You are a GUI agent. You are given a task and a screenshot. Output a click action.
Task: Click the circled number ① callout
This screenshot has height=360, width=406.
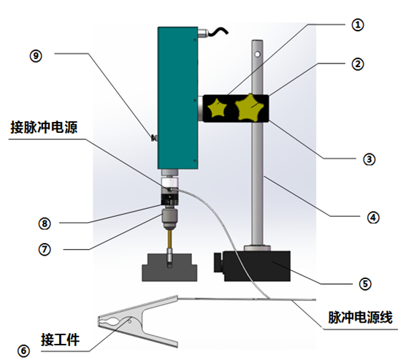358,25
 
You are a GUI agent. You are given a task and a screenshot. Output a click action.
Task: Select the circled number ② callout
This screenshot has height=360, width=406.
358,64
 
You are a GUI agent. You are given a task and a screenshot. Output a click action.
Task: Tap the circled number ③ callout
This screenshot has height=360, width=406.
369,159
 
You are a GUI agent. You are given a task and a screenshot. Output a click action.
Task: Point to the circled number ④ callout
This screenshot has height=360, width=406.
373,218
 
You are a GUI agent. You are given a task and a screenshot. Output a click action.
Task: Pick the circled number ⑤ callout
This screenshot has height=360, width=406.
365,284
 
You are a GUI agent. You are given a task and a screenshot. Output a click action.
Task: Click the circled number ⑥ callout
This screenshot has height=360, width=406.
23,351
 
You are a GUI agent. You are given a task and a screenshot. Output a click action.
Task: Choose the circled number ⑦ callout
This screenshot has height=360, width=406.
45,250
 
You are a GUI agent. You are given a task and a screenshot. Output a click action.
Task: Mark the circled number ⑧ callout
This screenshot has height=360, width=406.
45,223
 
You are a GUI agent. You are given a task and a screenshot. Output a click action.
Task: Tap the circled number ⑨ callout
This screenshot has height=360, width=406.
36,56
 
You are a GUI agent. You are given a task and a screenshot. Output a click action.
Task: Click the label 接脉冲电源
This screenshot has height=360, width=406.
44,127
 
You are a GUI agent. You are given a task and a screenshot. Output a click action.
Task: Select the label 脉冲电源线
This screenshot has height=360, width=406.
360,317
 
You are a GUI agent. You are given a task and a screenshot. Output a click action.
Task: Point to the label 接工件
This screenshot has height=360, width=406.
60,340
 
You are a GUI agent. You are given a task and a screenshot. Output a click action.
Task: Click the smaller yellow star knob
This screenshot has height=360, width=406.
218,107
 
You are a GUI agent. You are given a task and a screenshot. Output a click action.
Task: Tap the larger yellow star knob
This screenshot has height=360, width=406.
249,108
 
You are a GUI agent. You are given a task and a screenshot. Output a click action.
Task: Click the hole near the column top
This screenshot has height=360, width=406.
257,54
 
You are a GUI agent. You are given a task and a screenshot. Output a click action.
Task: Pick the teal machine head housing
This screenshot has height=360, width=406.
177,98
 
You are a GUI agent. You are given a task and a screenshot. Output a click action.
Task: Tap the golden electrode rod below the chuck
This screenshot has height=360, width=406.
169,239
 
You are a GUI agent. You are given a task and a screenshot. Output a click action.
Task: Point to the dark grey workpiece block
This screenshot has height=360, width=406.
169,268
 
